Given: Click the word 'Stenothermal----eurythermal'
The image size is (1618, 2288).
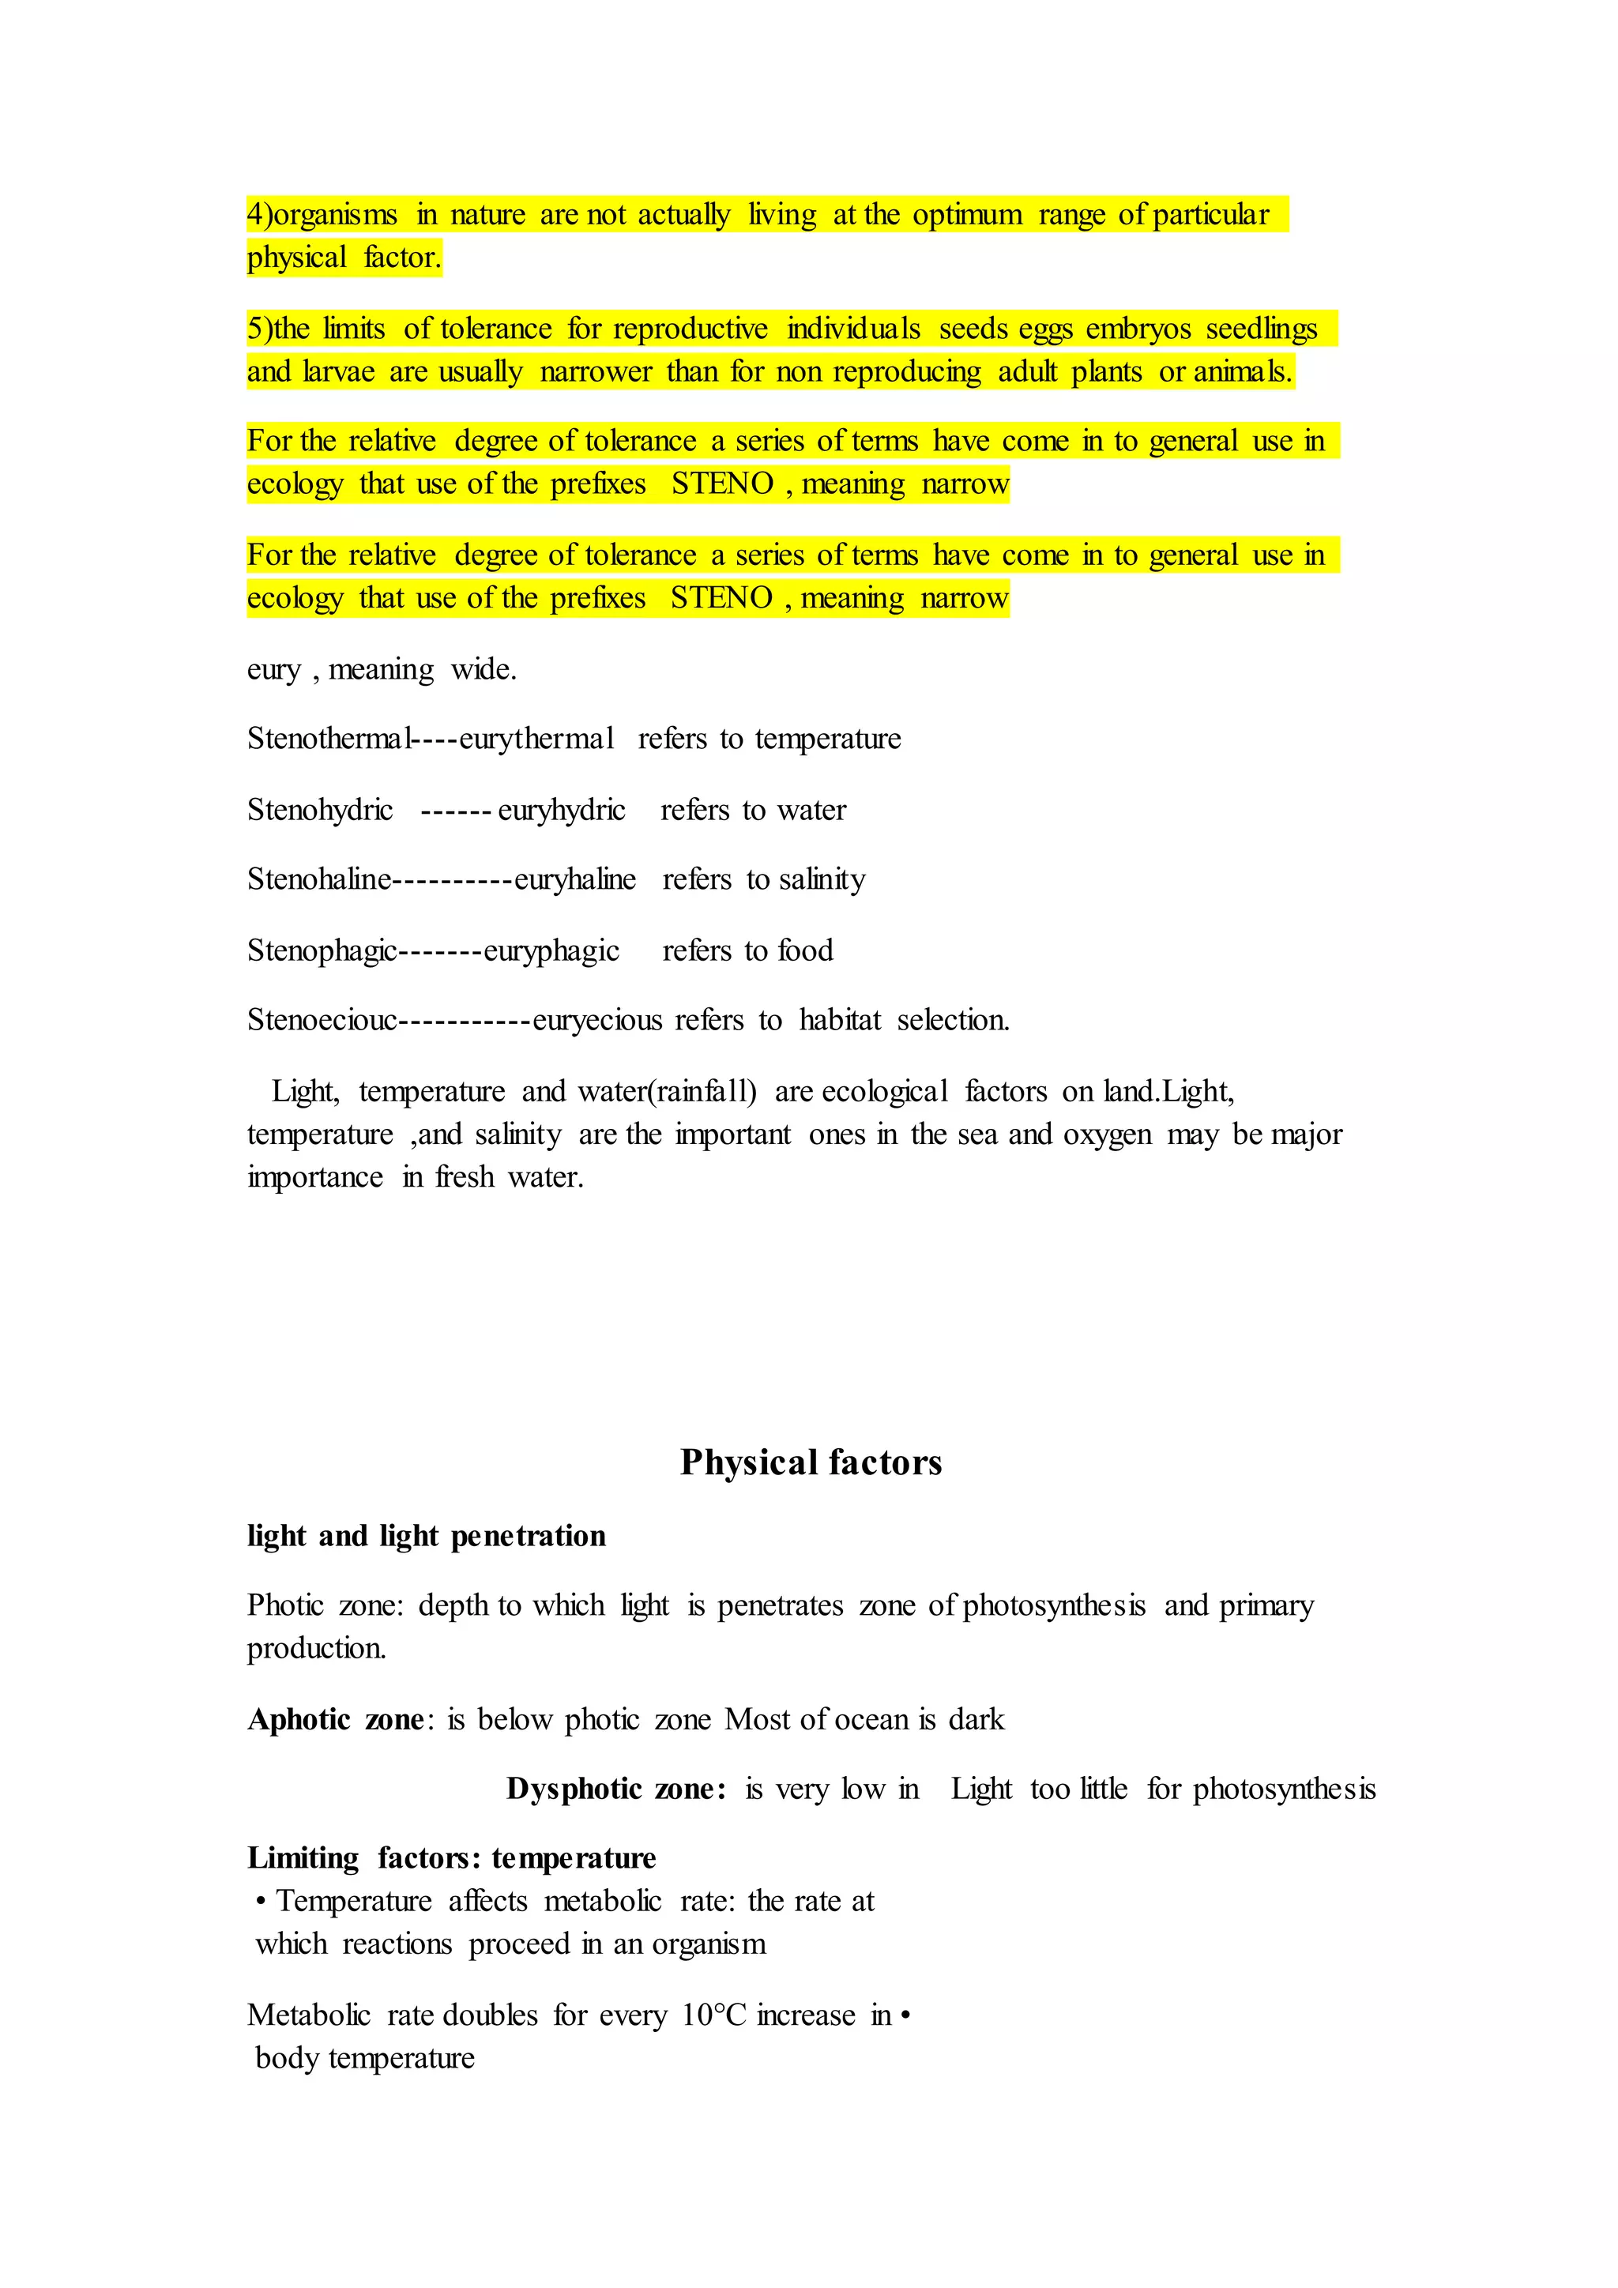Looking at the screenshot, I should point(431,739).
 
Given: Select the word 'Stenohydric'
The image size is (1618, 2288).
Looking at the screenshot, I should point(320,809).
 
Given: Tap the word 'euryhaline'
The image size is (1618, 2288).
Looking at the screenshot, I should point(575,879).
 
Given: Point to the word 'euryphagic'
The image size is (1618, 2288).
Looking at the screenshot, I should point(551,950).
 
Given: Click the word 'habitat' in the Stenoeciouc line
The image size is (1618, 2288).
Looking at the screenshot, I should point(840,1019).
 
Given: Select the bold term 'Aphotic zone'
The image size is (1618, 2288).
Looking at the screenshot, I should point(336,1719).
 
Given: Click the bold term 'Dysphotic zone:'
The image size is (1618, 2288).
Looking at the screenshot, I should point(615,1789).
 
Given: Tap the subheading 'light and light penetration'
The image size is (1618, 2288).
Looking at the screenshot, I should point(427,1536).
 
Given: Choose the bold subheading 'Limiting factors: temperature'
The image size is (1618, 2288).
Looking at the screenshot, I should point(451,1857).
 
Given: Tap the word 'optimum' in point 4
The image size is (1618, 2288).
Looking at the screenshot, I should point(968,215).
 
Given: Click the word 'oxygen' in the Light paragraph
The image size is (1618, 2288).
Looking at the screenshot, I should point(1108,1134).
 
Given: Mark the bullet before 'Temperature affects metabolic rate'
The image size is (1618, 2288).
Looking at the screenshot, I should point(260,1902).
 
